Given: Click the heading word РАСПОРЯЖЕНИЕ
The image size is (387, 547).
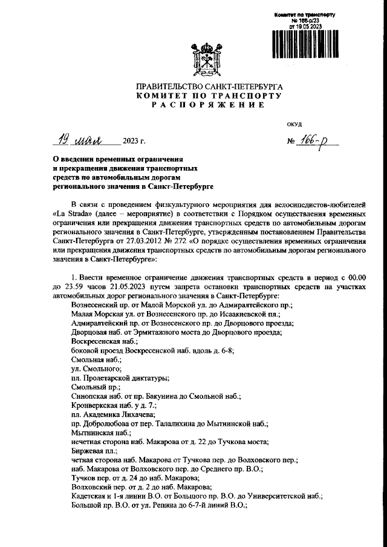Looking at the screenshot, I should click(209, 105).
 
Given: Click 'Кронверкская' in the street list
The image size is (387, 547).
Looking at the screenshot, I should click(97, 404).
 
